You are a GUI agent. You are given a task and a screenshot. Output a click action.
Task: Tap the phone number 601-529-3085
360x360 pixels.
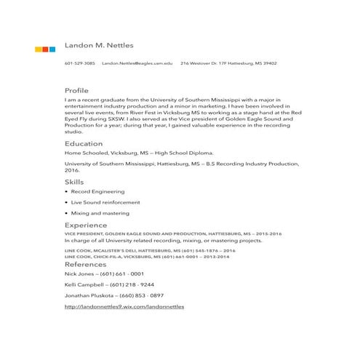point(79,63)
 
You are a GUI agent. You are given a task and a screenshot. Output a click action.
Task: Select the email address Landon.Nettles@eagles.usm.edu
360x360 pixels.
point(137,63)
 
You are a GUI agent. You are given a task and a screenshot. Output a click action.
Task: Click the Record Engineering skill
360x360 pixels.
point(97,191)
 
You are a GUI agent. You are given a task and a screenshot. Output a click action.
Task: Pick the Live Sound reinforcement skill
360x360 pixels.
point(105,202)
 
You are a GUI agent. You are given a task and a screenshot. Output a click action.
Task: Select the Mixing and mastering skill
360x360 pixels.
point(100,213)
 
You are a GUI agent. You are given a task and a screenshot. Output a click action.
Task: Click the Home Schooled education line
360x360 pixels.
point(139,153)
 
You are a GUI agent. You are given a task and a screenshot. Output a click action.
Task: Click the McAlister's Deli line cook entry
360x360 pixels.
point(150,250)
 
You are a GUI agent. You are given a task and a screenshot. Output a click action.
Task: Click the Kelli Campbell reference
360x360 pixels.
point(109,285)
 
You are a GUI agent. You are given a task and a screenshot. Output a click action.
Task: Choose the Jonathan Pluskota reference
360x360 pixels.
point(113,296)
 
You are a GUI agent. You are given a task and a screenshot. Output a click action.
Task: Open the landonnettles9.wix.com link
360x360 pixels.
point(124,307)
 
